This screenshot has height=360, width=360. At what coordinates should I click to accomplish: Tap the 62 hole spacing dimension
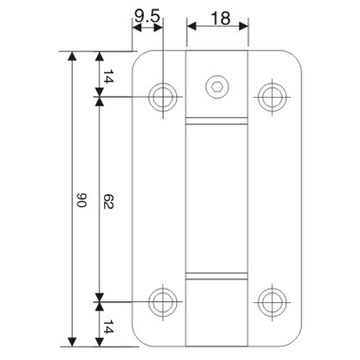coord(108,203)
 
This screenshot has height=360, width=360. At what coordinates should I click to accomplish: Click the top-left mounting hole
coord(163,95)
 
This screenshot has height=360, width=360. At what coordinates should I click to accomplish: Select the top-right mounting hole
coord(270,95)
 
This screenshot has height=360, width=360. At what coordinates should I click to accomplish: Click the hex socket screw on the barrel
coord(216,87)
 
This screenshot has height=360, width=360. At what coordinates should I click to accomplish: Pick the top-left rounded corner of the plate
coord(137,58)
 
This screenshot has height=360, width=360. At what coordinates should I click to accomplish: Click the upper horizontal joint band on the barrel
coord(216,125)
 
